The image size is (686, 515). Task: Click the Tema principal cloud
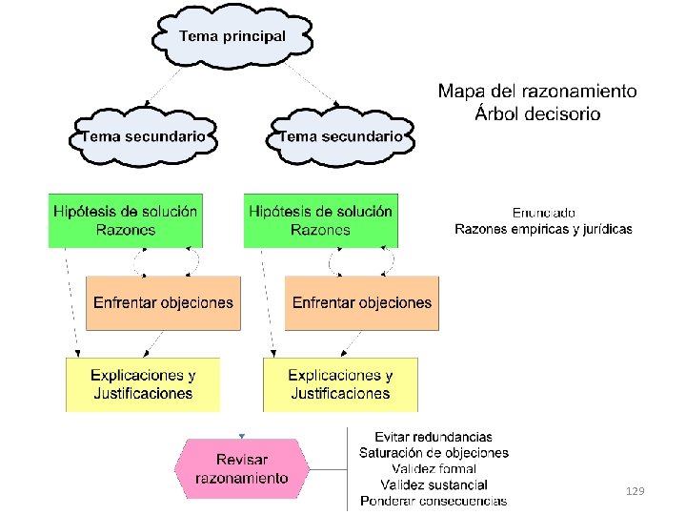click(x=232, y=36)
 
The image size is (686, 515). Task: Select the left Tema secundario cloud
click(x=143, y=136)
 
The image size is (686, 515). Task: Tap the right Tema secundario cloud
click(x=340, y=136)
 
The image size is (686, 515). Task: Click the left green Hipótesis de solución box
click(x=126, y=220)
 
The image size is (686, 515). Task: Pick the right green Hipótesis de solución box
click(x=321, y=220)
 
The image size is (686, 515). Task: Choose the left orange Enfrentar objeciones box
click(x=163, y=303)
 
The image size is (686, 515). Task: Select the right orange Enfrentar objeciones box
click(x=362, y=303)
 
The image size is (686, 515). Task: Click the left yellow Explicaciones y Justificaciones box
click(x=143, y=384)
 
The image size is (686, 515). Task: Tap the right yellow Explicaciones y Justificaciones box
click(x=340, y=384)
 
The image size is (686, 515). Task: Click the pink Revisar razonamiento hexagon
click(x=242, y=468)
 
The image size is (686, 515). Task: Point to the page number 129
click(x=636, y=491)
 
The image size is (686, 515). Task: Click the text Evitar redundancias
click(x=434, y=437)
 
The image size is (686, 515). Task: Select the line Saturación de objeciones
click(x=434, y=453)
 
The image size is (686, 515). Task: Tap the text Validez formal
click(x=434, y=469)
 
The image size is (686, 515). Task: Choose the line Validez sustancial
click(x=434, y=484)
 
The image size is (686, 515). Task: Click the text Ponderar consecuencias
click(x=434, y=501)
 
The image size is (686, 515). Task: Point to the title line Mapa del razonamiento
click(x=537, y=92)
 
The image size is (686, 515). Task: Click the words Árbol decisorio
click(x=537, y=113)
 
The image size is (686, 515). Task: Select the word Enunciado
click(x=543, y=213)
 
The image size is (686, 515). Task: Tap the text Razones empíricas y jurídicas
click(x=543, y=229)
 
